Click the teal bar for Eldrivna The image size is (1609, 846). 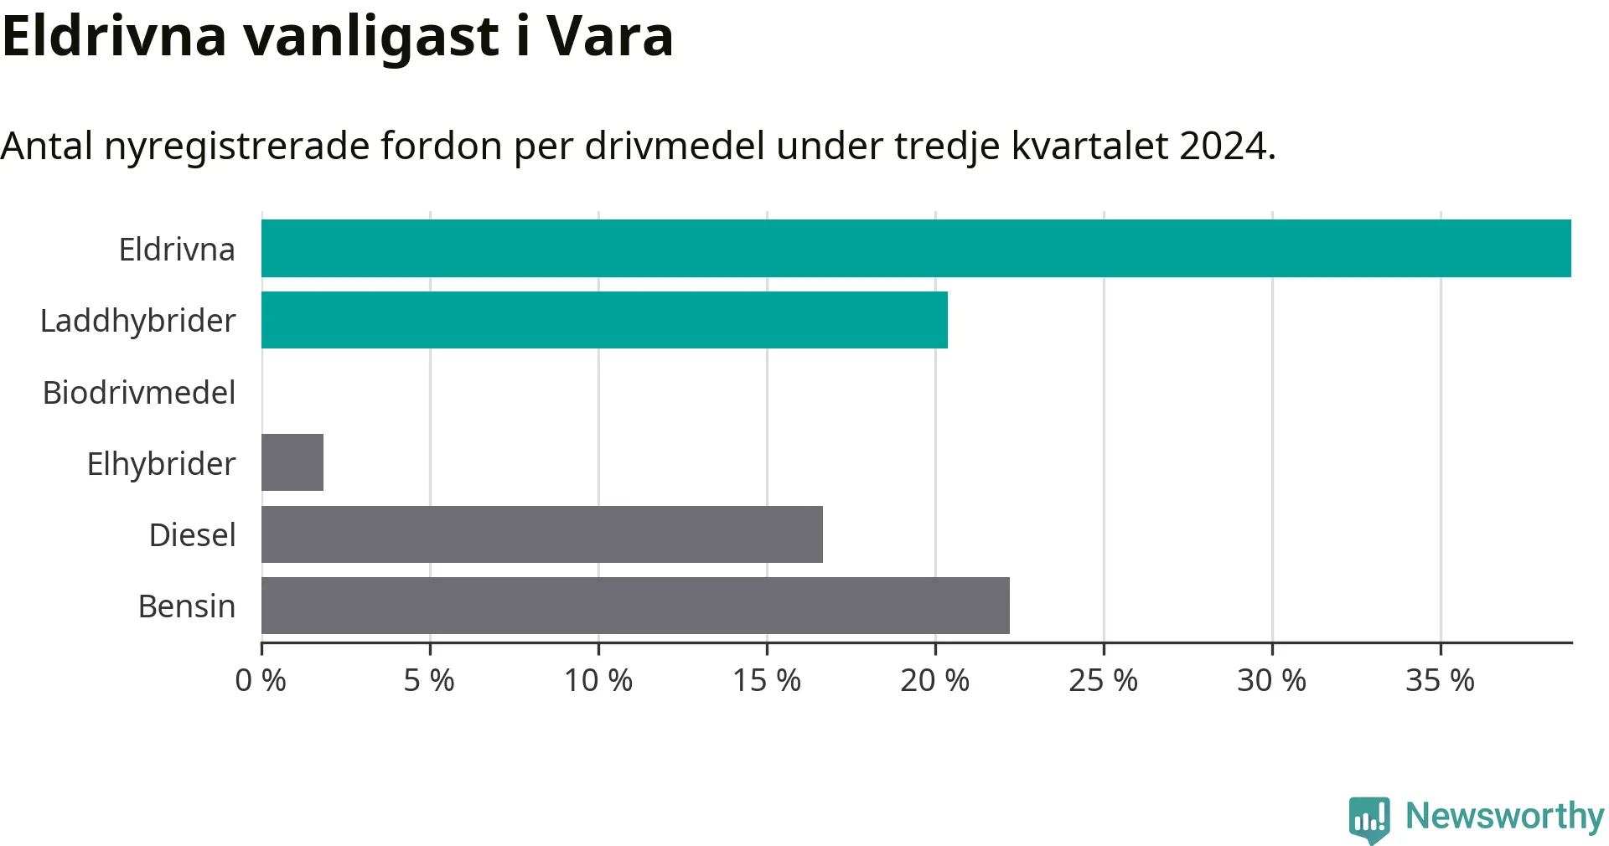(x=916, y=249)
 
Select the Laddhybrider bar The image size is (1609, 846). (x=604, y=320)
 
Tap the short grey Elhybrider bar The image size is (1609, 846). (x=292, y=462)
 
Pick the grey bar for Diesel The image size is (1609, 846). (x=542, y=534)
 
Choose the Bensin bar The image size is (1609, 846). (x=635, y=606)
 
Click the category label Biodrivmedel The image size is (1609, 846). (x=139, y=392)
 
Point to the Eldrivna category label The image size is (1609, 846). (x=177, y=250)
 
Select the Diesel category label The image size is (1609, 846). (x=192, y=534)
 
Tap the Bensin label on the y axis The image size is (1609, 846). (x=187, y=606)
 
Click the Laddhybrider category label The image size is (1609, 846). (x=138, y=321)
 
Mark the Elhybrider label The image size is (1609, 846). (x=162, y=464)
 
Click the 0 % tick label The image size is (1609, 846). (x=261, y=680)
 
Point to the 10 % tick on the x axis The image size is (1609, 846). (x=598, y=680)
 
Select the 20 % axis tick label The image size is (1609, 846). (x=935, y=680)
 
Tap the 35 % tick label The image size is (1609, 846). (x=1441, y=680)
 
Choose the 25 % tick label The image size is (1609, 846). (x=1104, y=680)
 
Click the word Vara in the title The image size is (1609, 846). (x=609, y=37)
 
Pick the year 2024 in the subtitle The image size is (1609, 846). (x=1228, y=146)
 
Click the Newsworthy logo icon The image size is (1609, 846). (x=1369, y=820)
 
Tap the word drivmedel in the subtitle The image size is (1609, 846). (x=675, y=146)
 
